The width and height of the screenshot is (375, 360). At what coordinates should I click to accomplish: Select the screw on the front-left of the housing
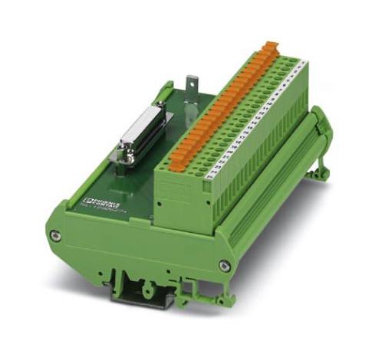(x=55, y=236)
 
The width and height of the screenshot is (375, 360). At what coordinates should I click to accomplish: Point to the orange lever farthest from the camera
(x=269, y=47)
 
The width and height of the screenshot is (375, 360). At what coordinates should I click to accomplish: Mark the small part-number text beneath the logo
(x=94, y=205)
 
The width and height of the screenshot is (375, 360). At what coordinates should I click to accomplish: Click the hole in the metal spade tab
(x=192, y=81)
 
